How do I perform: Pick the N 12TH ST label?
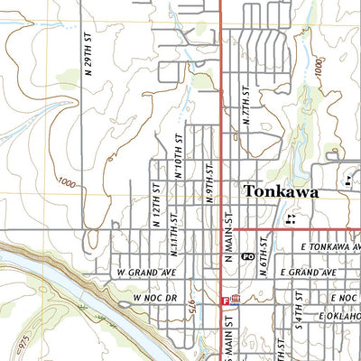point(155,204)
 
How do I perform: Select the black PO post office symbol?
point(247,256)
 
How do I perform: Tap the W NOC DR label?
point(152,297)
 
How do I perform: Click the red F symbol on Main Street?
point(224,300)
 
